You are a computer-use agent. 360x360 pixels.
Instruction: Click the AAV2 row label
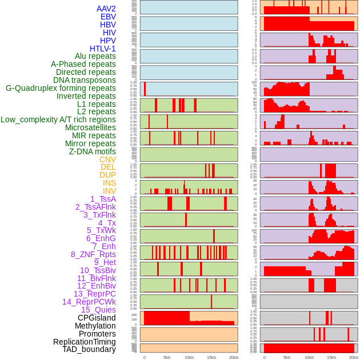pos(106,9)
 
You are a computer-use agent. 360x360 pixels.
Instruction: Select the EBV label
pos(108,17)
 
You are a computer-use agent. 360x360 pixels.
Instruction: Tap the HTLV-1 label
pos(103,49)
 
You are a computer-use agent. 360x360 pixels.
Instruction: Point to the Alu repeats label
pos(95,56)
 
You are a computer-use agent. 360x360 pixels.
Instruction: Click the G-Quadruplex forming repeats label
pos(61,88)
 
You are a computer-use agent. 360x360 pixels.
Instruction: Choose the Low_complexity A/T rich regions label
pos(58,119)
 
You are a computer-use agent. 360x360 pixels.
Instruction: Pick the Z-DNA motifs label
pos(92,151)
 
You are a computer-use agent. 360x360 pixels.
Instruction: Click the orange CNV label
pos(107,159)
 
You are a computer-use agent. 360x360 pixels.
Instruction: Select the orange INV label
pos(109,191)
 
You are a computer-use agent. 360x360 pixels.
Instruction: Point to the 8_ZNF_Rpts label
pos(93,254)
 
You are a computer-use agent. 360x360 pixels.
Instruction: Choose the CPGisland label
pos(97,318)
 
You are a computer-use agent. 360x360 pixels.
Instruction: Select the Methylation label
pos(95,326)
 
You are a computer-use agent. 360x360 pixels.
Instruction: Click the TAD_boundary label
pos(89,349)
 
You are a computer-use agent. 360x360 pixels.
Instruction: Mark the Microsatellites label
pos(90,127)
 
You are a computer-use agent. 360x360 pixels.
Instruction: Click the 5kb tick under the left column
pos(167,357)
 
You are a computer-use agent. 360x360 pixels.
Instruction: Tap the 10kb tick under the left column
pos(189,357)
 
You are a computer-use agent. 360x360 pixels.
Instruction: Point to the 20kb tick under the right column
pos(354,357)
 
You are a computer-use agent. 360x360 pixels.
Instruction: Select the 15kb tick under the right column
pos(331,357)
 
